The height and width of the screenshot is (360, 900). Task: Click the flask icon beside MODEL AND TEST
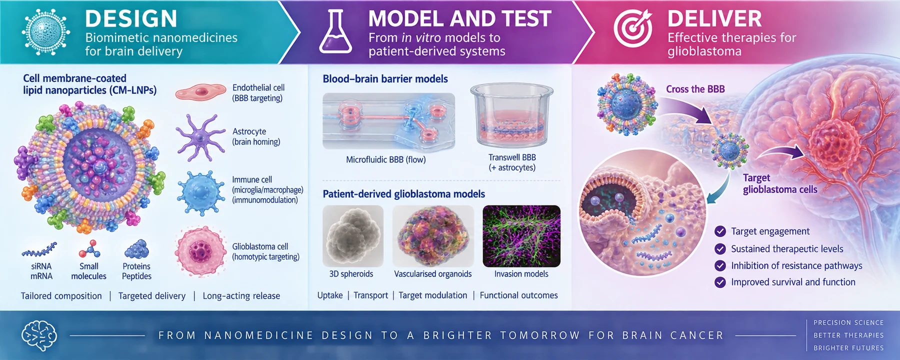335,32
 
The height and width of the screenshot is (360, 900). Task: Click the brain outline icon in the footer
39,335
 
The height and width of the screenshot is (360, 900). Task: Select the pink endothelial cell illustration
200,92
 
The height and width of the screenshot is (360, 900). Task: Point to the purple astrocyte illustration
200,137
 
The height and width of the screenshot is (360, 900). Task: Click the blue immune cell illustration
200,192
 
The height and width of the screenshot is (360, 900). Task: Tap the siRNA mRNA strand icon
39,249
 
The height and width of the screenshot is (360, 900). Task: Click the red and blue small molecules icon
89,248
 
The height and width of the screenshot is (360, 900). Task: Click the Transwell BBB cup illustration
511,115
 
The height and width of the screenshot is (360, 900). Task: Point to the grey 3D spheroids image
353,236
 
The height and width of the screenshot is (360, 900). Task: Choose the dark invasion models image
521,236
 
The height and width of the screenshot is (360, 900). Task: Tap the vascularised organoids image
433,236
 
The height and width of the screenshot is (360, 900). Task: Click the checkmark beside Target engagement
720,231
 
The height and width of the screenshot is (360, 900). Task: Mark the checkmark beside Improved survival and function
720,282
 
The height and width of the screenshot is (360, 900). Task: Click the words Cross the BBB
695,89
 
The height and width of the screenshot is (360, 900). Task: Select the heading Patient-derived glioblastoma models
404,194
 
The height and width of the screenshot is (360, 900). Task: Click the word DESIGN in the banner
131,19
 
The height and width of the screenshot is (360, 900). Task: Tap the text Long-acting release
241,296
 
